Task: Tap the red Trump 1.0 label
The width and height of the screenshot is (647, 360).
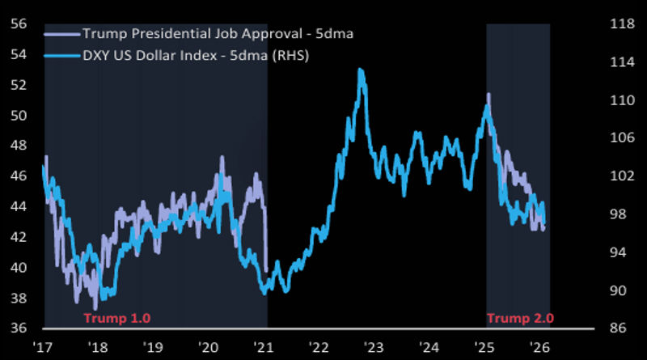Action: (117, 318)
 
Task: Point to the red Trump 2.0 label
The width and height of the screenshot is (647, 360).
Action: (520, 318)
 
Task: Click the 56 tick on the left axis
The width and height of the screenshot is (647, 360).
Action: (18, 23)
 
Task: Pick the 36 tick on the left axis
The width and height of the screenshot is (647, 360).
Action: (18, 328)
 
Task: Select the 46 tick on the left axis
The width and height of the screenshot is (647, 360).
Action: (18, 176)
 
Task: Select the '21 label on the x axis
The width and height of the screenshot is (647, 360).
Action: (264, 346)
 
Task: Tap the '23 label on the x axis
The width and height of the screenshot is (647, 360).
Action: (374, 346)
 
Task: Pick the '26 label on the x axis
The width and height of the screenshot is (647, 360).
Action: (541, 346)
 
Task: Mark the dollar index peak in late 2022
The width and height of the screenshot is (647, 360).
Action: (360, 70)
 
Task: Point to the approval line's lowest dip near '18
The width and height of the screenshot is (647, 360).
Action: (95, 308)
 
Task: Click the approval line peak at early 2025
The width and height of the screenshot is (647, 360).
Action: (488, 95)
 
